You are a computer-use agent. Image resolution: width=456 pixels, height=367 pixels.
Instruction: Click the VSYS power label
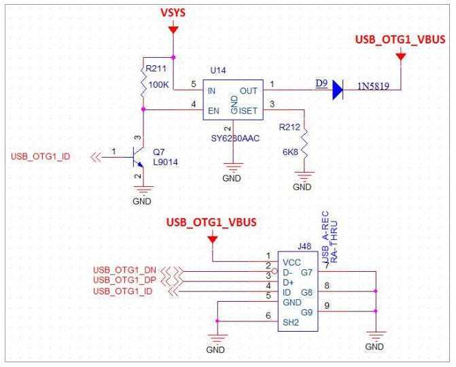(x=174, y=14)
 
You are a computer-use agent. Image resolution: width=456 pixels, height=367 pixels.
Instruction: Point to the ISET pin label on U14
(x=249, y=109)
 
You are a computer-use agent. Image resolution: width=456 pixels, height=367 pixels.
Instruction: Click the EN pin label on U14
(x=213, y=109)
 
